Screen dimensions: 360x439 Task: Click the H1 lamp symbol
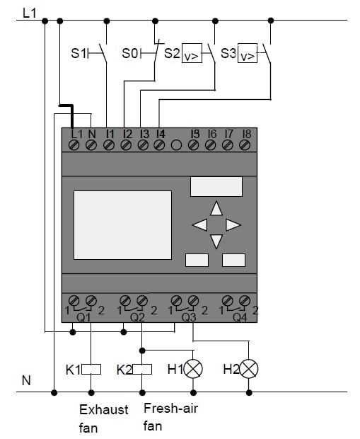coord(193,369)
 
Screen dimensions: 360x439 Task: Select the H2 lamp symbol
coord(249,369)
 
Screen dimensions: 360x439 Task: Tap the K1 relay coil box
coord(91,369)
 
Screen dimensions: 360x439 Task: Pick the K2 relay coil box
coord(142,369)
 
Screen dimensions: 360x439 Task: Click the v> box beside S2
coord(192,53)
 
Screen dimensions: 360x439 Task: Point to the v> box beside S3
coord(248,53)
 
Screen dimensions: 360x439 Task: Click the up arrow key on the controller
coord(216,208)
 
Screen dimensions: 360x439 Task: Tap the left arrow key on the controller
coord(199,225)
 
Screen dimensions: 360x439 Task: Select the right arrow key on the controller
coord(233,225)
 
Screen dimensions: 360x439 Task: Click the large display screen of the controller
coord(123,225)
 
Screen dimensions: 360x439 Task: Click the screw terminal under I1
coord(108,145)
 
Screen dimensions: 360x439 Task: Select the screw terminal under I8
coord(245,145)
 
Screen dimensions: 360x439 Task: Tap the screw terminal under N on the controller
coord(91,145)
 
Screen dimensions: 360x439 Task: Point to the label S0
coord(130,53)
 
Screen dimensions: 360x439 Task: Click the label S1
coord(79,53)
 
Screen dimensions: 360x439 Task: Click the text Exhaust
coord(104,409)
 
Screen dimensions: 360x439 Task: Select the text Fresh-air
coord(170,409)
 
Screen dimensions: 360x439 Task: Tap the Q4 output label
coord(240,317)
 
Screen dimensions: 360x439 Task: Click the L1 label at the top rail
coord(30,13)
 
